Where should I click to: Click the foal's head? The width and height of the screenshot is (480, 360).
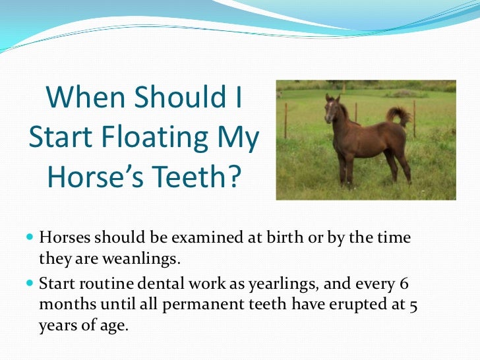point(332,109)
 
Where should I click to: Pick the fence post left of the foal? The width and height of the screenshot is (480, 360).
point(285,121)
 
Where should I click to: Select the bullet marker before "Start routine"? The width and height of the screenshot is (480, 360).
point(32,285)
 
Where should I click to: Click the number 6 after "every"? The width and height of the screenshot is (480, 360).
point(404,284)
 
